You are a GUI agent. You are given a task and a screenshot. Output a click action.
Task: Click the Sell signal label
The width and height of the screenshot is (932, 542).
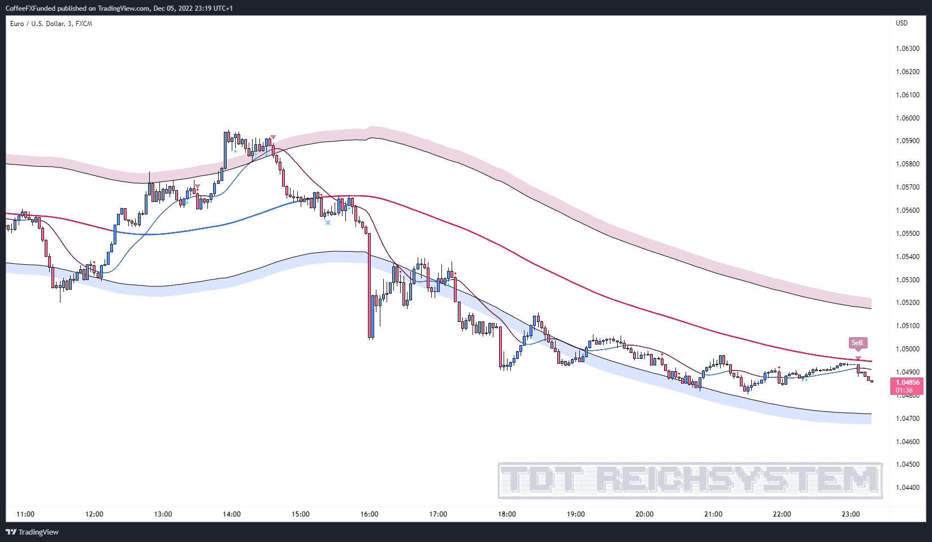point(857,343)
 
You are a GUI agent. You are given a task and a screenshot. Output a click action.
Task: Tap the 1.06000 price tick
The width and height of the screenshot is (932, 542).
point(908,118)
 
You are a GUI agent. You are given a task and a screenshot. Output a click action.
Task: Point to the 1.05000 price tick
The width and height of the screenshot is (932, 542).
point(908,349)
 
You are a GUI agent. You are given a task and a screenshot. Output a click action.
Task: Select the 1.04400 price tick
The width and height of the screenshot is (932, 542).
point(908,488)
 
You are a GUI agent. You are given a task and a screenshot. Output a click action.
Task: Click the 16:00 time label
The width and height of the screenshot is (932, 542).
point(369,514)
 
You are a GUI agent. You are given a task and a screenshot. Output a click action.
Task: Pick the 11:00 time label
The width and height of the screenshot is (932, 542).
point(25,514)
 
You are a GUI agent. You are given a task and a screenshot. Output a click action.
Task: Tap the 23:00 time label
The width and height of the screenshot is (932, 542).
point(851,514)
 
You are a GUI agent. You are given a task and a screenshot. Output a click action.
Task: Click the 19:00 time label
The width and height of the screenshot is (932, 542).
point(575,514)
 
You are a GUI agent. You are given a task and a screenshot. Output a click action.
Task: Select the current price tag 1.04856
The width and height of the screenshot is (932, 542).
point(907,383)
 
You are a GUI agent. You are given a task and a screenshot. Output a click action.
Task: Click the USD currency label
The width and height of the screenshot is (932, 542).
point(901,23)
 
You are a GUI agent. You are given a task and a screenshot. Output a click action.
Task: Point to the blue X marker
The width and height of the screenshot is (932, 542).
point(328,223)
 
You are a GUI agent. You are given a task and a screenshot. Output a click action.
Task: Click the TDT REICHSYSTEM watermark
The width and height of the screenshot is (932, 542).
point(690,480)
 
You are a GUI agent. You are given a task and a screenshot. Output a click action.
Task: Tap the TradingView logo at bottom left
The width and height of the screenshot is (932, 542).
point(32,532)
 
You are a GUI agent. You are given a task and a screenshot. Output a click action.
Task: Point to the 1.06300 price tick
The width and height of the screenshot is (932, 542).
point(908,49)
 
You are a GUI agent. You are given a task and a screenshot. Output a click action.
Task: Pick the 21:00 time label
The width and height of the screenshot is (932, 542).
point(713,514)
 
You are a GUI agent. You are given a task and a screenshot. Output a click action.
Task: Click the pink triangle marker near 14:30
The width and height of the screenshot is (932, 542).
point(273,137)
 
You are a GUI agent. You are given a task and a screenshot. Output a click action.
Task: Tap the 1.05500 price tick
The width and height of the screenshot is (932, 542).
point(908,234)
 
